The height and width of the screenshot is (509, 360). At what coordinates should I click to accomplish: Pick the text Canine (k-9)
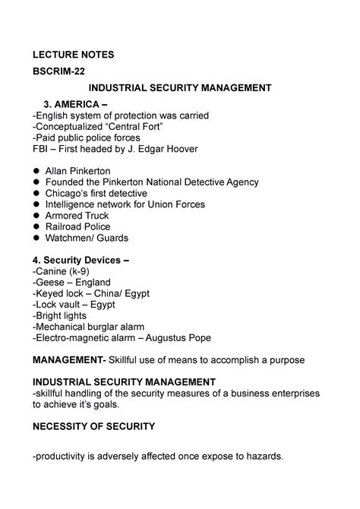(x=62, y=271)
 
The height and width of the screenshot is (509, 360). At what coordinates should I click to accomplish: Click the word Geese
(x=50, y=283)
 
